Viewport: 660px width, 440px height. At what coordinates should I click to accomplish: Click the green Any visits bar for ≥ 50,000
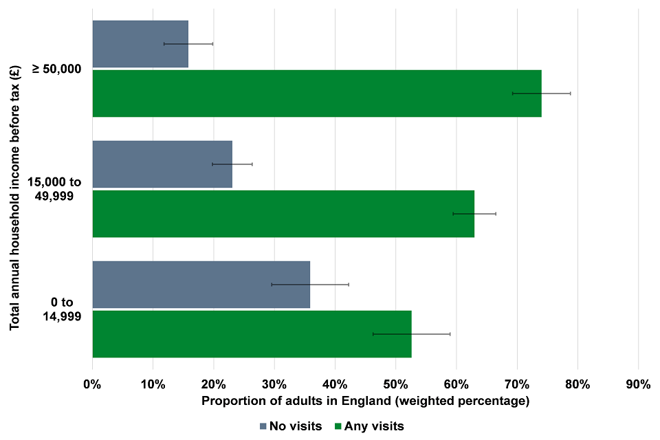click(x=316, y=93)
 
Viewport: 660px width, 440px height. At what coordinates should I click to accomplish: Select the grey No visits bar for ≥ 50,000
click(x=140, y=44)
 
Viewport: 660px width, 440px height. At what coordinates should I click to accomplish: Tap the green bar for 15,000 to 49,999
click(x=283, y=214)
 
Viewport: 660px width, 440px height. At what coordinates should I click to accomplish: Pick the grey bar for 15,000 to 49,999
click(x=162, y=164)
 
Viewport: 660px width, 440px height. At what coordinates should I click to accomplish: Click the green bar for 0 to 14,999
click(x=252, y=334)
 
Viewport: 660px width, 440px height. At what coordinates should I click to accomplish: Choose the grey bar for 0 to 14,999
click(x=201, y=285)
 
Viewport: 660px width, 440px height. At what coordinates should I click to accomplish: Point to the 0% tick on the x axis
click(x=92, y=384)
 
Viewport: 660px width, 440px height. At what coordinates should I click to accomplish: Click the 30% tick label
click(x=274, y=384)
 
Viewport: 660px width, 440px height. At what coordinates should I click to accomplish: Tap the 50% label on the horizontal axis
click(x=395, y=384)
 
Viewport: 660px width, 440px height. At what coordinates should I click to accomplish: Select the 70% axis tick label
click(x=516, y=384)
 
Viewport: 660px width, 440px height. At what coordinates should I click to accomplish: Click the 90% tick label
click(x=638, y=384)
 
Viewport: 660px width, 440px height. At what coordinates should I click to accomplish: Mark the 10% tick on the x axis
click(x=153, y=384)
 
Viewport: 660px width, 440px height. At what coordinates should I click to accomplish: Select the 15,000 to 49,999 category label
click(x=55, y=189)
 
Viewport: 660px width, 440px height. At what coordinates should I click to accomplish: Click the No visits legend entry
click(x=291, y=426)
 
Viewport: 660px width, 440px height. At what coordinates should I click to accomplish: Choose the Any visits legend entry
click(x=369, y=426)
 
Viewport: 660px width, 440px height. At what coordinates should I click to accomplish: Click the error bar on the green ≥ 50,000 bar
click(x=541, y=93)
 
